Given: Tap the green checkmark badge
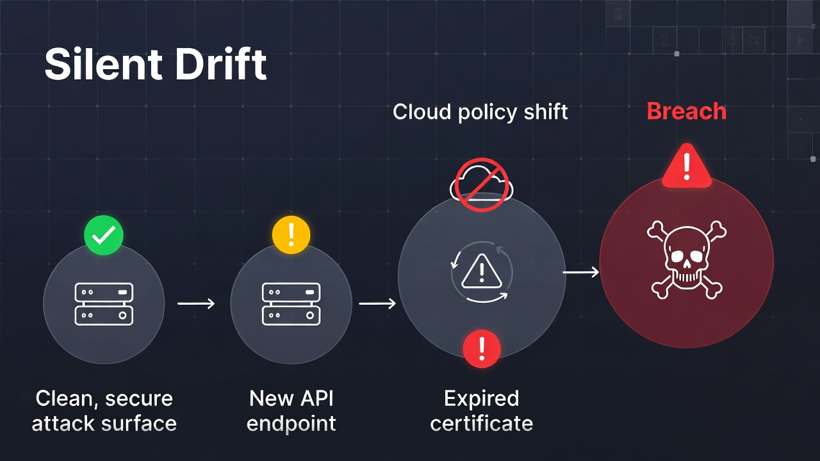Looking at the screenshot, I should pyautogui.click(x=103, y=236).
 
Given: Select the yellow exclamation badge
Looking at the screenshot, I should pyautogui.click(x=291, y=235).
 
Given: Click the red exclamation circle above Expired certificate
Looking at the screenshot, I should pyautogui.click(x=481, y=349).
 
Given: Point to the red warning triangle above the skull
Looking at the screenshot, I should pyautogui.click(x=687, y=166).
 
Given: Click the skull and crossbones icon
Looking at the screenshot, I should pyautogui.click(x=686, y=259).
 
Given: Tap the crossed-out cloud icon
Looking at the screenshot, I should pyautogui.click(x=482, y=184).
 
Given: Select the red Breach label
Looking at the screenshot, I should pyautogui.click(x=686, y=111).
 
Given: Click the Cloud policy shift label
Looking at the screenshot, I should pyautogui.click(x=480, y=112).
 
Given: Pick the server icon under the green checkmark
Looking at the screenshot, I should pyautogui.click(x=104, y=303).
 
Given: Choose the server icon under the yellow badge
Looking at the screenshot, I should pyautogui.click(x=291, y=303).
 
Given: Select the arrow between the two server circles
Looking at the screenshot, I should pyautogui.click(x=196, y=303).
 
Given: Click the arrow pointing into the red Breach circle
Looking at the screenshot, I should pyautogui.click(x=581, y=273).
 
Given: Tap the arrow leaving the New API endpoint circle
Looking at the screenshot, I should pyautogui.click(x=377, y=303).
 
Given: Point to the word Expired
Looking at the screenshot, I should pyautogui.click(x=481, y=398).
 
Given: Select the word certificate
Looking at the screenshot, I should pyautogui.click(x=481, y=423).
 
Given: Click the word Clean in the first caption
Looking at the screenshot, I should pyautogui.click(x=64, y=398).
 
